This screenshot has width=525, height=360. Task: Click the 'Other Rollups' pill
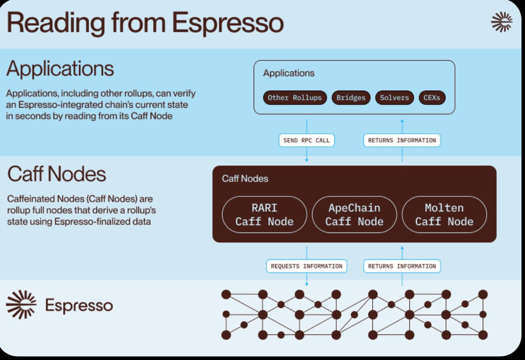coord(295,98)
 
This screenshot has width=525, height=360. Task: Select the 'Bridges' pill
coord(350,98)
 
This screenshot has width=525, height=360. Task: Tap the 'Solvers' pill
coord(394,98)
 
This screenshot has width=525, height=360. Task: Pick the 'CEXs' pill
coord(432,98)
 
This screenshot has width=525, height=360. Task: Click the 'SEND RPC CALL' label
coord(306,140)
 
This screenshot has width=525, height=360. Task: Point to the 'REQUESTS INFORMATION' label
coord(306,266)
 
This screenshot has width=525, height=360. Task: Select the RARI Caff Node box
coord(264,215)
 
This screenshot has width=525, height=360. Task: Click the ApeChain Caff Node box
coord(354,215)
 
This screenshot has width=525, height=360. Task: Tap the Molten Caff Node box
coord(444,215)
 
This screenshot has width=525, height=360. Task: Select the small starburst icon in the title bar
coord(502,22)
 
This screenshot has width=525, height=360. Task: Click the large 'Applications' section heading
coord(60,69)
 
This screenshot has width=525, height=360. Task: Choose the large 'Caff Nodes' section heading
coord(57,174)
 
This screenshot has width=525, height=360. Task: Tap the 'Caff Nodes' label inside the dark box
coord(245,178)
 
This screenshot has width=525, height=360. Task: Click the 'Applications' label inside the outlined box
coord(288,73)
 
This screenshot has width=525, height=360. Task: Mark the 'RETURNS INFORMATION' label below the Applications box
coord(402,140)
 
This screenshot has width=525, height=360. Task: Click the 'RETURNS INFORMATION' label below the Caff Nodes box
coord(402,266)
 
